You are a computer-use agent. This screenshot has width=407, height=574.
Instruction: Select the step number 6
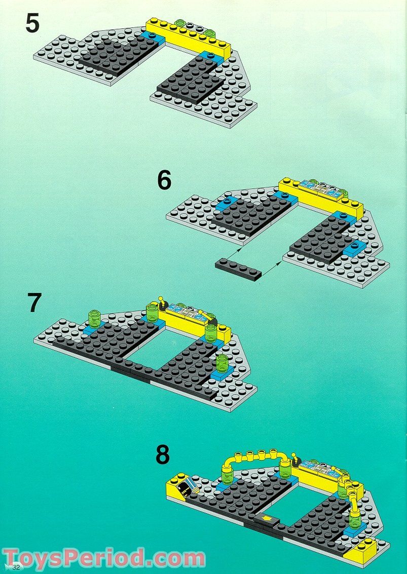click(164, 180)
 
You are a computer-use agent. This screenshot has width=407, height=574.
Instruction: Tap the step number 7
click(34, 303)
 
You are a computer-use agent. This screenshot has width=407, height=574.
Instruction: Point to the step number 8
click(162, 454)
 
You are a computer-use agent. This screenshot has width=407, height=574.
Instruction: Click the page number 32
click(16, 567)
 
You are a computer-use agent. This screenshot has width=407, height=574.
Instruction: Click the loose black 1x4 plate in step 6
click(238, 269)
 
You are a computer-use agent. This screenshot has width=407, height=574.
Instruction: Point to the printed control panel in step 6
click(320, 187)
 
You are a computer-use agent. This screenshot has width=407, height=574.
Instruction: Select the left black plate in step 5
click(117, 56)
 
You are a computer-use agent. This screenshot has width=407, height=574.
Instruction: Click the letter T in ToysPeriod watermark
click(14, 558)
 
